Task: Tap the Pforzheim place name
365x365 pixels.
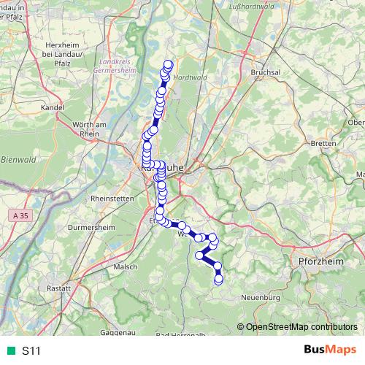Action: [x=315, y=261]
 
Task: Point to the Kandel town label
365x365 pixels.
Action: [x=53, y=107]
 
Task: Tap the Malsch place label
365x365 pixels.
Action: [x=126, y=267]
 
